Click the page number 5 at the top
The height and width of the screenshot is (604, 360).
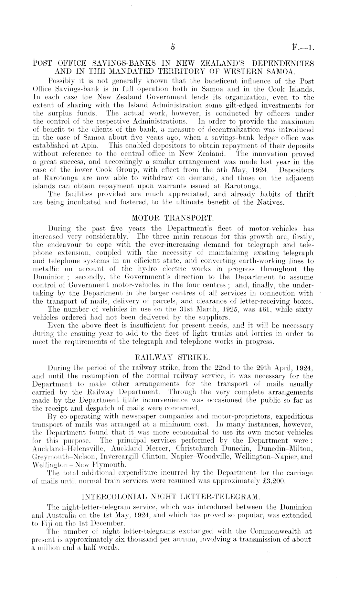click(x=173, y=47)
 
